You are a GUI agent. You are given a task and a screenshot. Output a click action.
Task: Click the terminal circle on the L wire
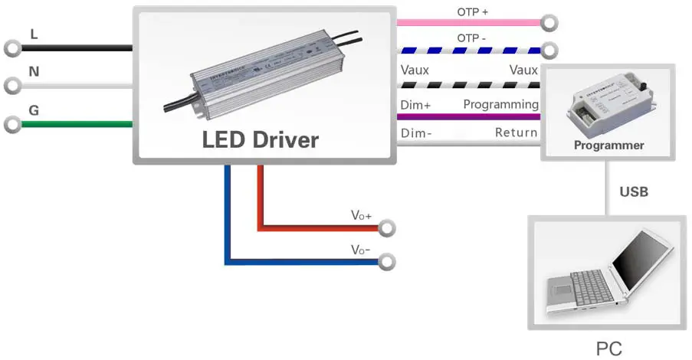[11, 48]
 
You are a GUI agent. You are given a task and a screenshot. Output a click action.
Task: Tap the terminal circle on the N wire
[11, 86]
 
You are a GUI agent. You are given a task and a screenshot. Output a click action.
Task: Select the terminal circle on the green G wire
[11, 123]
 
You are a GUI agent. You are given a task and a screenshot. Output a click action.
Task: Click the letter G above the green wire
[34, 110]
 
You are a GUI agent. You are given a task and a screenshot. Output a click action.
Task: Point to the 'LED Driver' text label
[260, 140]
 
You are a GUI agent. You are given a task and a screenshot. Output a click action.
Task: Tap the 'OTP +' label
[473, 12]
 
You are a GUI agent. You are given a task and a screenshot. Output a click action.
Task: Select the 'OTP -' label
[473, 39]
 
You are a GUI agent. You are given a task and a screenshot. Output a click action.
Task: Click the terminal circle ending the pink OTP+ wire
[549, 22]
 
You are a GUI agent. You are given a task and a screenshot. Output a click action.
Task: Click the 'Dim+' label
[415, 104]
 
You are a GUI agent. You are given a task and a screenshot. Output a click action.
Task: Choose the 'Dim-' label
[416, 133]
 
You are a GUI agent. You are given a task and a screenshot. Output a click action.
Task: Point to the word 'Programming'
[501, 104]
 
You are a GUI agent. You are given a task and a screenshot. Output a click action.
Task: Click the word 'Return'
[516, 133]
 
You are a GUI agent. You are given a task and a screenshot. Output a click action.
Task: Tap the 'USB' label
[634, 191]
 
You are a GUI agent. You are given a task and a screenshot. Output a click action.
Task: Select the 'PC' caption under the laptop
[609, 349]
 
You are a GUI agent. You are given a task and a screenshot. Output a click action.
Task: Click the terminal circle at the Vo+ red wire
[388, 228]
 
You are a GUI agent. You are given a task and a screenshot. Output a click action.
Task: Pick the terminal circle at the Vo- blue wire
[388, 262]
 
